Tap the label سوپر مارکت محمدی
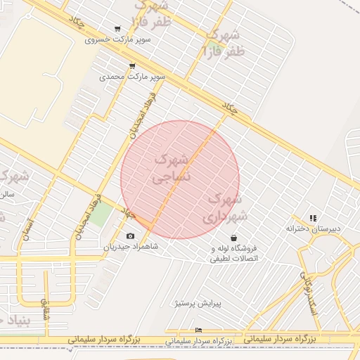(132, 76)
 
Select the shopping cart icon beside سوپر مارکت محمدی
(132, 66)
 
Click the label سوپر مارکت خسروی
(118, 39)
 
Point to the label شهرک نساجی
(171, 169)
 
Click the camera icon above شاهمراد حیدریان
(130, 236)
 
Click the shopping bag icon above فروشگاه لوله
(233, 238)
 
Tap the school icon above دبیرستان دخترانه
(313, 219)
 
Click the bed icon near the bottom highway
(199, 330)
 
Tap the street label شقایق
(47, 307)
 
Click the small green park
(100, 214)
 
